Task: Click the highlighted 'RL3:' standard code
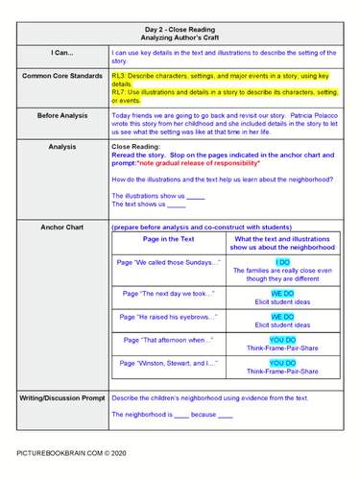(121, 74)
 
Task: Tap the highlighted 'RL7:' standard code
(121, 92)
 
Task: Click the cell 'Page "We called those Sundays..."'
(167, 261)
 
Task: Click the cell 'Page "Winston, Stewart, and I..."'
(167, 364)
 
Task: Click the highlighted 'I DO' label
(282, 261)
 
